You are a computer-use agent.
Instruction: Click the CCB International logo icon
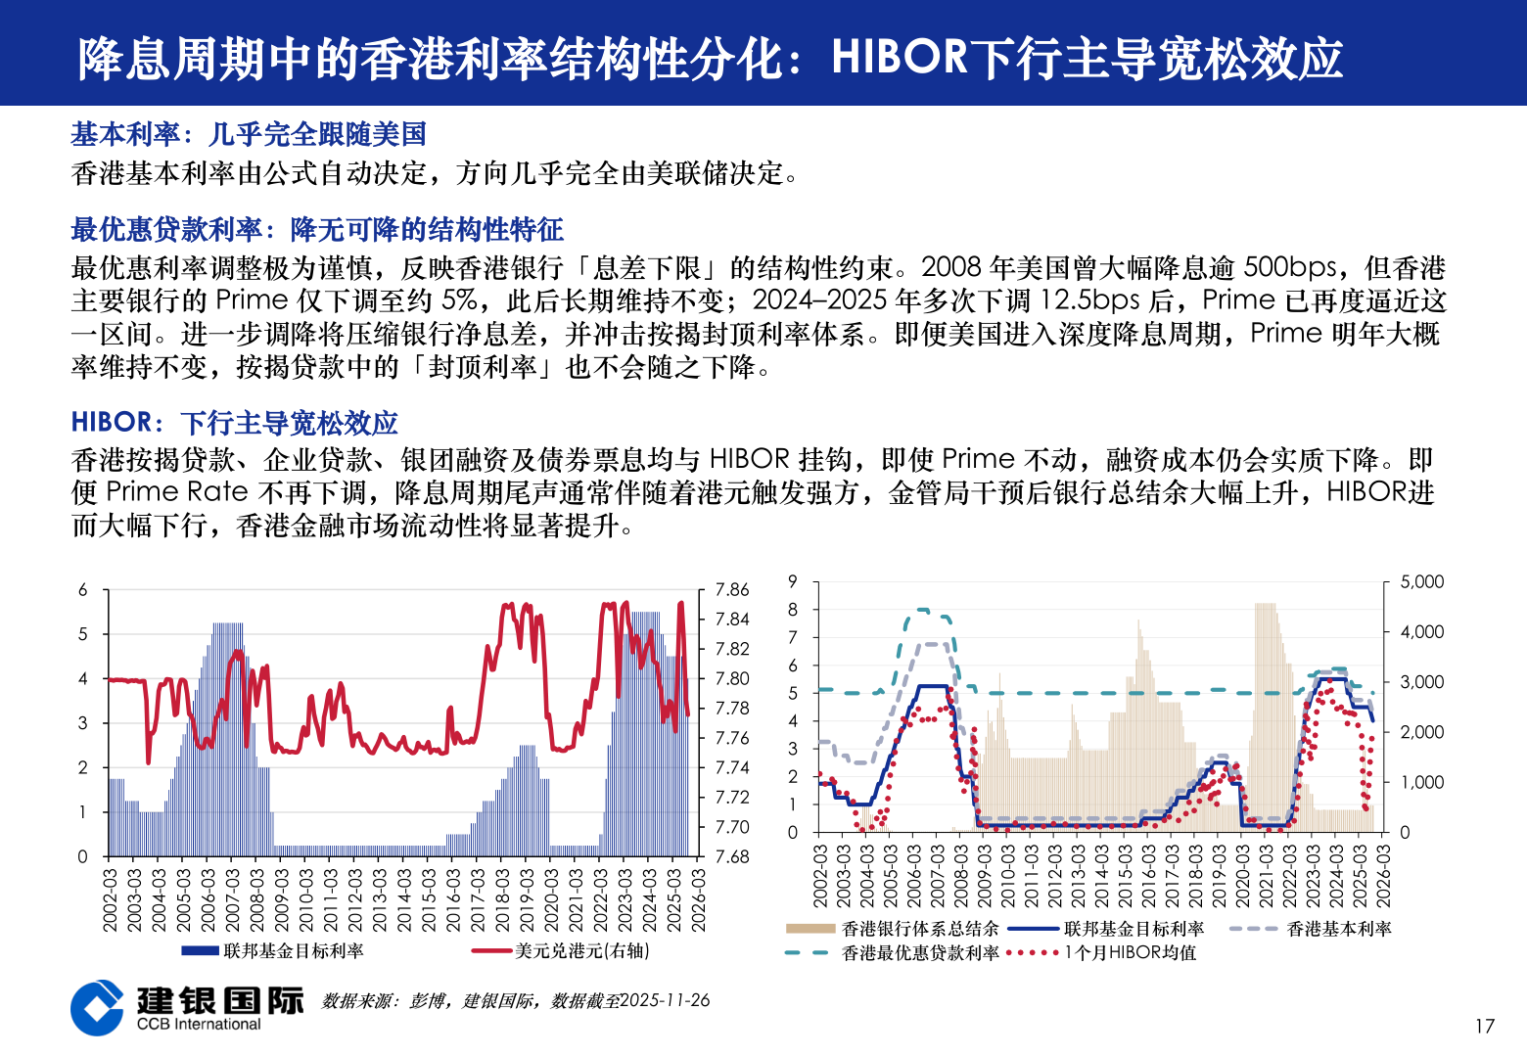point(97,1007)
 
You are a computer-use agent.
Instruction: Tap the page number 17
point(1484,1026)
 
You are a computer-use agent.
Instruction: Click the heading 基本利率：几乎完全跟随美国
point(249,134)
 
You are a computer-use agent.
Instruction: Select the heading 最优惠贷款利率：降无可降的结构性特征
point(317,230)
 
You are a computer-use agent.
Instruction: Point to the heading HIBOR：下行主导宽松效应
point(235,423)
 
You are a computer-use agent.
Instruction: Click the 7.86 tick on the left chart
point(731,590)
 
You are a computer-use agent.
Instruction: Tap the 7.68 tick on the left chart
point(731,856)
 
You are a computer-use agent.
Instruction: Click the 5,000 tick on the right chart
point(1421,581)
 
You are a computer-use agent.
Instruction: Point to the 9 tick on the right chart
point(793,581)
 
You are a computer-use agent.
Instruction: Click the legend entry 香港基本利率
point(1338,929)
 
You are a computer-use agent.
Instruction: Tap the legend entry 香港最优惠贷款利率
point(919,952)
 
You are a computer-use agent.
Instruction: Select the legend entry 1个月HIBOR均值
point(1130,952)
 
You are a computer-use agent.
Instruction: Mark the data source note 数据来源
point(516,1000)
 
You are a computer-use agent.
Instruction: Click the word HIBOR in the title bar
point(899,57)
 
